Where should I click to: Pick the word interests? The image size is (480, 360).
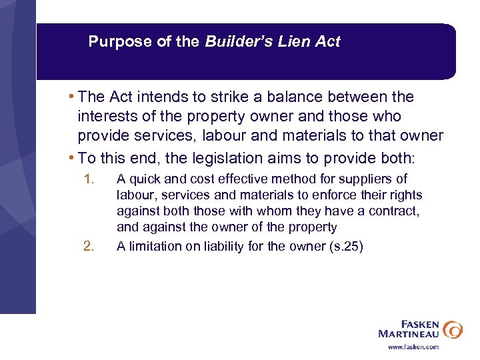tap(106, 117)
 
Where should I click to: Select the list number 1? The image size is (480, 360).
tap(89, 179)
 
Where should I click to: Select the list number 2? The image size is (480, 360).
tap(89, 246)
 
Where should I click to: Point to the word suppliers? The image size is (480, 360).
tap(369, 179)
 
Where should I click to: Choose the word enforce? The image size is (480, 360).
tap(336, 195)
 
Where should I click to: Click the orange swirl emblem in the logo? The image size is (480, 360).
tap(453, 329)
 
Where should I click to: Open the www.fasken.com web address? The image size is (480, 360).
tap(414, 347)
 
